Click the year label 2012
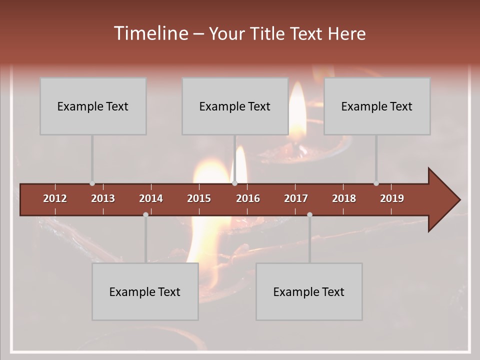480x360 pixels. click(x=55, y=198)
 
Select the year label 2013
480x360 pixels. click(x=103, y=198)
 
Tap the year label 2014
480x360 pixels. click(x=151, y=198)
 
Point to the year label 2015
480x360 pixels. click(x=199, y=198)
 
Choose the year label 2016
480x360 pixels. click(x=248, y=198)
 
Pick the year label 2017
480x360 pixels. click(x=296, y=198)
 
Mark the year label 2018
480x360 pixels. click(x=344, y=198)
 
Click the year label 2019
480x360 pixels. click(x=392, y=198)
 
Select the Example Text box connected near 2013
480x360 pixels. click(x=93, y=106)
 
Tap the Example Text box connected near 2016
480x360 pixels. click(x=235, y=106)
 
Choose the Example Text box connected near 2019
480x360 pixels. click(x=377, y=106)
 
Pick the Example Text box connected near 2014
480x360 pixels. click(x=145, y=291)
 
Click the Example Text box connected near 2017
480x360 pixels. click(x=309, y=291)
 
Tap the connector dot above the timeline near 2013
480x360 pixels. click(x=92, y=183)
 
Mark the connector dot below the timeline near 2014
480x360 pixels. click(x=145, y=214)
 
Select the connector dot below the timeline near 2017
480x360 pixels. click(x=309, y=214)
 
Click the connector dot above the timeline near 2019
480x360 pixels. click(x=376, y=183)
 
